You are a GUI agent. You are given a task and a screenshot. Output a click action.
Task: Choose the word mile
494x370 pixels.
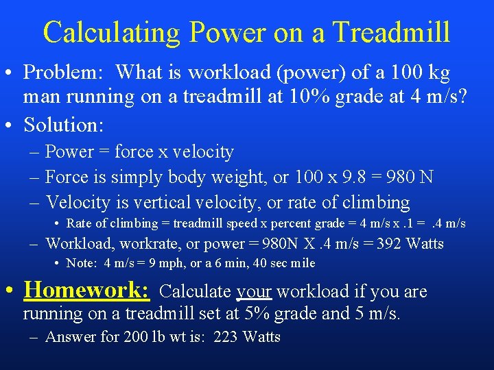point(303,263)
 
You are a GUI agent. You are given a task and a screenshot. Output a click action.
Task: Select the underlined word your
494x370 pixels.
point(254,292)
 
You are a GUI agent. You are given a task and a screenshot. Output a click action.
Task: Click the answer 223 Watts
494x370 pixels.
point(248,336)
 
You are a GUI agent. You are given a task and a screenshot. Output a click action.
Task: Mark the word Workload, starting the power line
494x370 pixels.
point(73,244)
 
